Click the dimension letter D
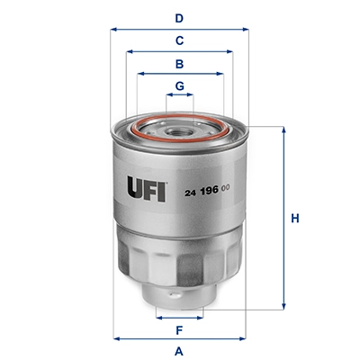(179, 17)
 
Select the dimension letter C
(179, 40)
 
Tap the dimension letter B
(179, 64)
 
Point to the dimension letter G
(179, 86)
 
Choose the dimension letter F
(179, 329)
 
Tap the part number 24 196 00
(210, 189)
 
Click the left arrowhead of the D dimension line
(114, 29)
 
